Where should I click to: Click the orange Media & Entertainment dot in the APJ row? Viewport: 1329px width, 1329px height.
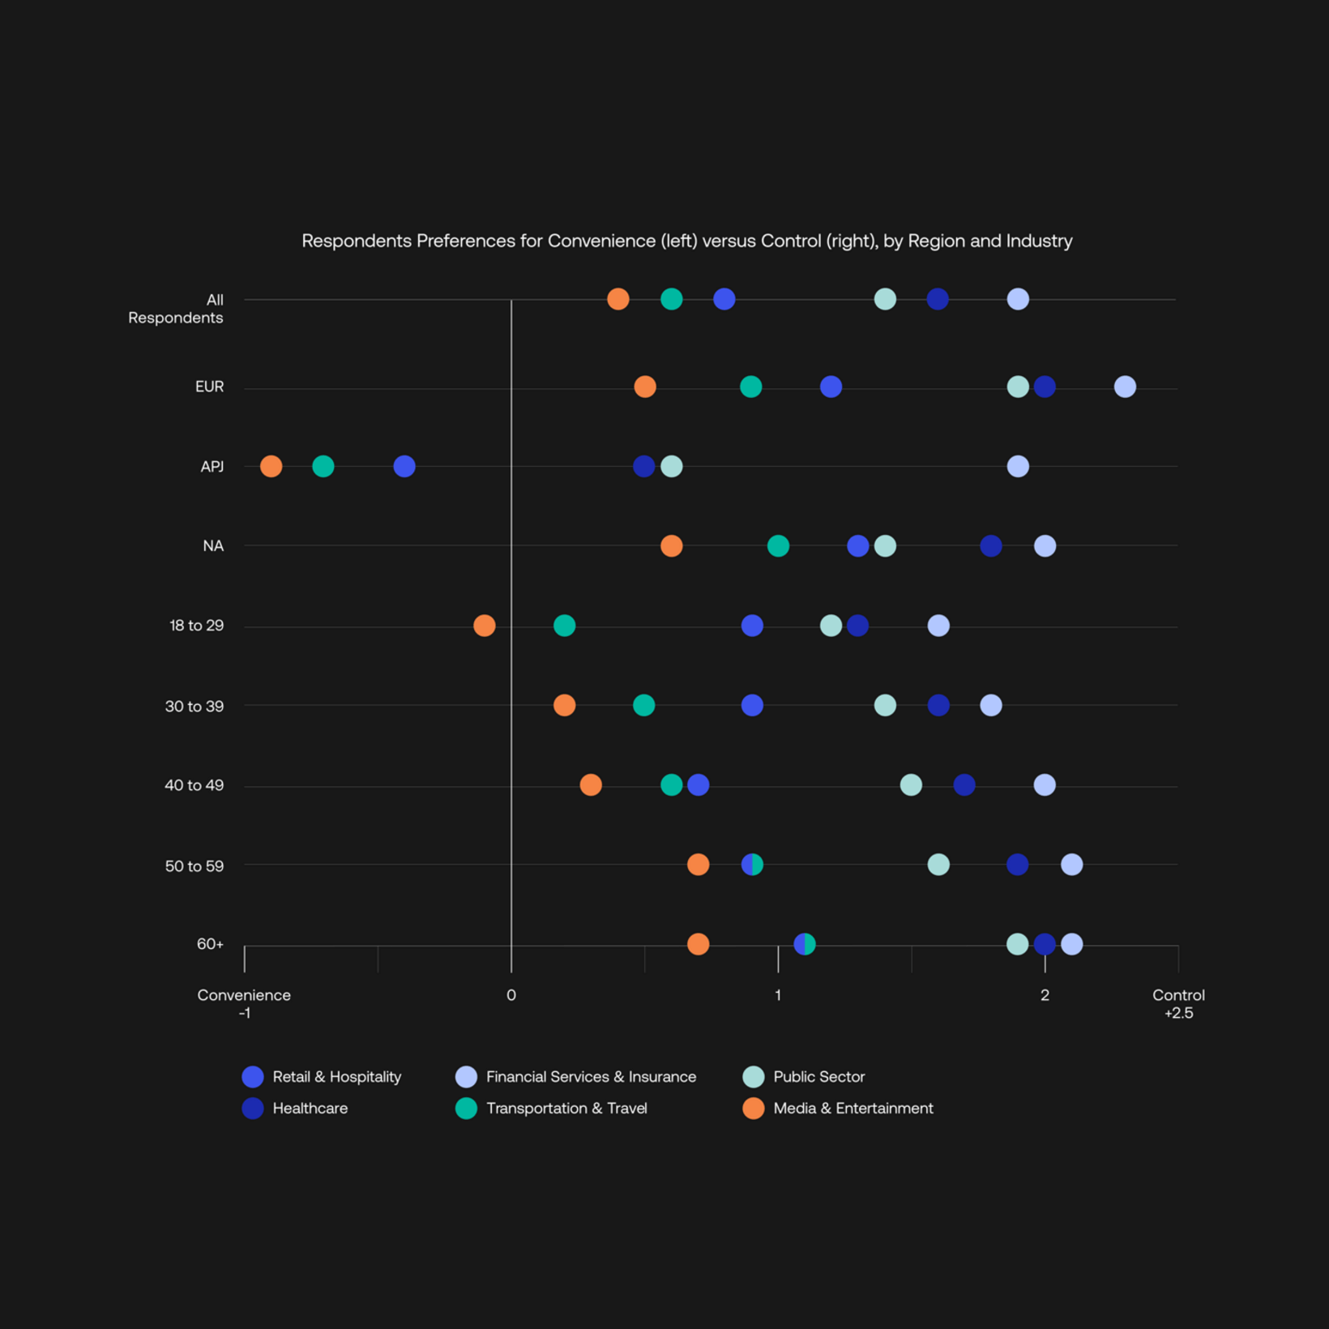271,466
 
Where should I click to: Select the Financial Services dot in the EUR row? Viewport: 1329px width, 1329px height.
1124,387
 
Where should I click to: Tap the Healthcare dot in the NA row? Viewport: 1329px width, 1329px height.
990,545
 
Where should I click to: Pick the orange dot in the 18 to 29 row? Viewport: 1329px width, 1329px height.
484,626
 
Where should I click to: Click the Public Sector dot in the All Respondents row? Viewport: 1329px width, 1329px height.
885,299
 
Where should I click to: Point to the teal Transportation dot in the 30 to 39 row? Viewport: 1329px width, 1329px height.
643,705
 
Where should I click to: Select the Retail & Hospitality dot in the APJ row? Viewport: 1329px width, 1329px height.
404,466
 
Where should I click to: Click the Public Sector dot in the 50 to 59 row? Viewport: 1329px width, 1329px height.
938,865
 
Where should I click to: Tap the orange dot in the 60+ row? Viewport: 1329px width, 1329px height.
698,944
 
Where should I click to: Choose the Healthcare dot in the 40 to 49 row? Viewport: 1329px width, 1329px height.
964,784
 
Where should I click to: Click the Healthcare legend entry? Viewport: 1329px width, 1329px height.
310,1108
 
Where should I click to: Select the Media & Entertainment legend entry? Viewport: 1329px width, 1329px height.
853,1108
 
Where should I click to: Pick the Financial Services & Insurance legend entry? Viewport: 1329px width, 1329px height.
590,1076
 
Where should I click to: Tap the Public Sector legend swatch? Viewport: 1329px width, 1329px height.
753,1076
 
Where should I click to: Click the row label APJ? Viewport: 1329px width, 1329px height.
212,467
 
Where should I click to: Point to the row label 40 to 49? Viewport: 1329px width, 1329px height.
194,785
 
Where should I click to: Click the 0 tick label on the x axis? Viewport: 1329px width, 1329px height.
511,995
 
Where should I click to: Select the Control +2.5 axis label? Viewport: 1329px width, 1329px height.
1178,1003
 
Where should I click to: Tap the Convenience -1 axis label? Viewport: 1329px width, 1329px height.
244,1003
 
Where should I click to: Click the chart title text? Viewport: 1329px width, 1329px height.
686,241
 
